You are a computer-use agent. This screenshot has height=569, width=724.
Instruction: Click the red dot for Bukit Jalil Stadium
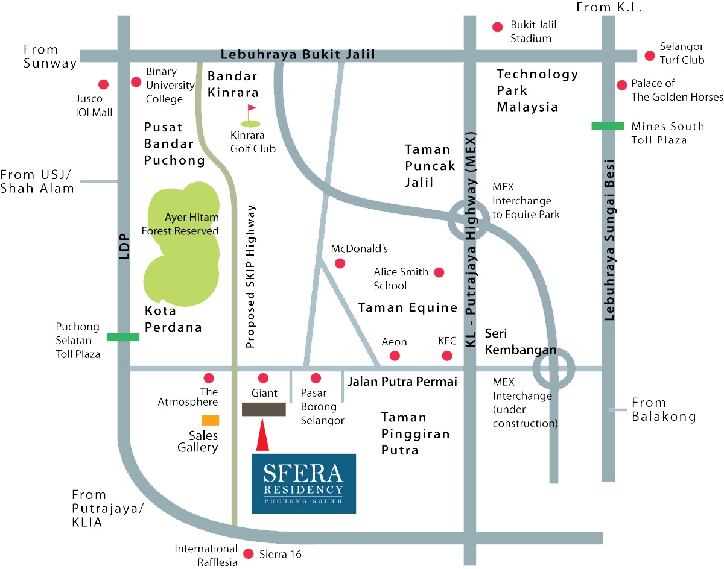click(x=498, y=27)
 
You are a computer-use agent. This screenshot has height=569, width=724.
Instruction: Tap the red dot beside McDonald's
click(x=340, y=263)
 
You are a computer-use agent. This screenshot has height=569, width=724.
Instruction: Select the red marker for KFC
click(x=447, y=356)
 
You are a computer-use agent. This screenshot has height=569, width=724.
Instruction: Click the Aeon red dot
click(x=395, y=356)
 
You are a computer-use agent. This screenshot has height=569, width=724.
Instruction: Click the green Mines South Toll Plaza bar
click(x=608, y=126)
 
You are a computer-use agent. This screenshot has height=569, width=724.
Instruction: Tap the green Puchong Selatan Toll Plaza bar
click(x=123, y=337)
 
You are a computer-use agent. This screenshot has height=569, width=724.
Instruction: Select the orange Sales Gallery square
click(x=210, y=420)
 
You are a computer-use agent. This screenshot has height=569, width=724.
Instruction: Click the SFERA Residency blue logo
click(x=303, y=483)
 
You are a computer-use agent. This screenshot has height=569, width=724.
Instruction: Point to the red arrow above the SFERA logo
click(x=262, y=435)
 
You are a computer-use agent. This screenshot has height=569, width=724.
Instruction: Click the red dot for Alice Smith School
click(x=439, y=272)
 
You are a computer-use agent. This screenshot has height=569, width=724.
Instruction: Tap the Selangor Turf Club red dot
click(x=650, y=55)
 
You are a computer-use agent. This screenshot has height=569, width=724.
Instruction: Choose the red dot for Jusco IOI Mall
click(x=103, y=84)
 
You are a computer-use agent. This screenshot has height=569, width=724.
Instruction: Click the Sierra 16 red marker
click(x=247, y=554)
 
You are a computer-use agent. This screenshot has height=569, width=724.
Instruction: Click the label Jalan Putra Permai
click(x=402, y=382)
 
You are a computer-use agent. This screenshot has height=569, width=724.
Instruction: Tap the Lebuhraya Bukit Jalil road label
click(x=298, y=55)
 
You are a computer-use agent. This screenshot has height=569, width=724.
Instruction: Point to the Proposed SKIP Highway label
click(x=252, y=277)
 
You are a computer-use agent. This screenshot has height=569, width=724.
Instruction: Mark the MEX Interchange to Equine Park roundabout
click(x=469, y=221)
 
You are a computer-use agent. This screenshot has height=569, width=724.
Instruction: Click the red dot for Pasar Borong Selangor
click(x=315, y=379)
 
